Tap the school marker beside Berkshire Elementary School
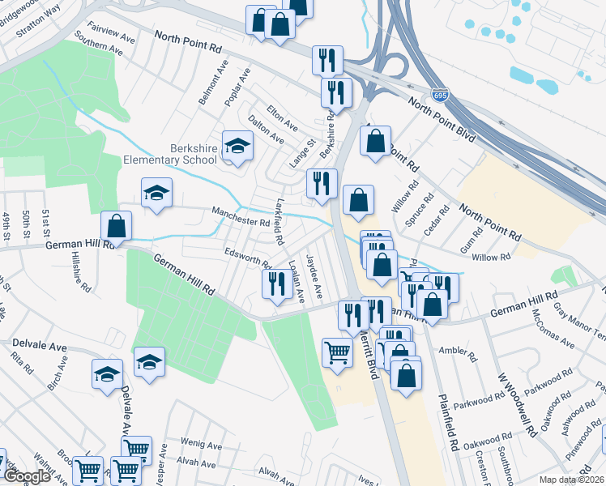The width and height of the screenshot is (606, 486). [x=237, y=146]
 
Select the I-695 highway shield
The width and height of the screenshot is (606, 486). [x=439, y=96]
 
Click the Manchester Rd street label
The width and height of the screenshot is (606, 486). [x=240, y=216]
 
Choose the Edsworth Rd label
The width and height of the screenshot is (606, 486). [x=248, y=259]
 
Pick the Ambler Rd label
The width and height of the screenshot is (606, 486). [x=454, y=350]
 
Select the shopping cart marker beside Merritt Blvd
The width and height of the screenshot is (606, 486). [x=337, y=352]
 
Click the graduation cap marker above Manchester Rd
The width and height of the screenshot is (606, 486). [x=156, y=193]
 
